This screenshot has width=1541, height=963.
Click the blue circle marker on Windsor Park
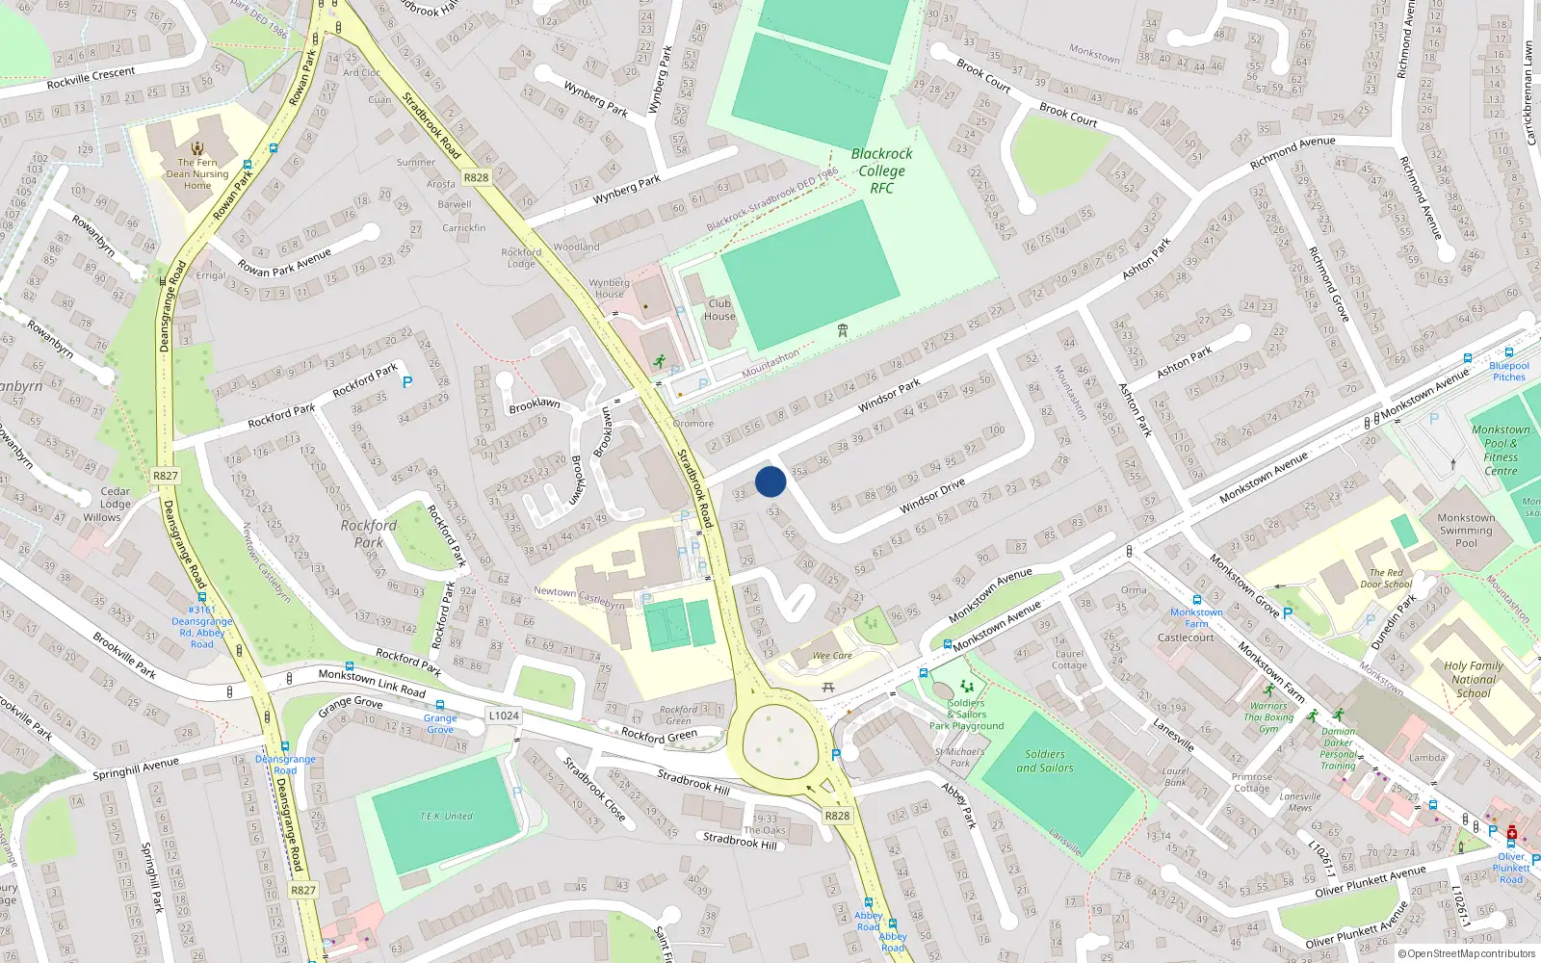pos(770,481)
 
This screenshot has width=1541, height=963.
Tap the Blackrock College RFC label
pos(881,170)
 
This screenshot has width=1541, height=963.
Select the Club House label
pos(719,309)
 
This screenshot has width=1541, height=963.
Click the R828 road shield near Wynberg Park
pos(476,177)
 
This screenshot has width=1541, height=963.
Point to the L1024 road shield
pos(504,716)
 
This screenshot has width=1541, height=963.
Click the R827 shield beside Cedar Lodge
pos(165,476)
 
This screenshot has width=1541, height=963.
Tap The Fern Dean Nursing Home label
pos(197,173)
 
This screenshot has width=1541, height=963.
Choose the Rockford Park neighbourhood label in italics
pos(368,534)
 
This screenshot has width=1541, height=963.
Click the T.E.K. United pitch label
pos(446,816)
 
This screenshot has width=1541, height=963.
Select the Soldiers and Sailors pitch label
pos(1045,761)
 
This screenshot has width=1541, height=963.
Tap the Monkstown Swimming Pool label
pos(1466,530)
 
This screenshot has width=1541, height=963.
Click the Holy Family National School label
pos(1474,679)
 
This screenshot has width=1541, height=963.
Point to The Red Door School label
pos(1387,578)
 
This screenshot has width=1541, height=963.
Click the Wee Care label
pos(832,656)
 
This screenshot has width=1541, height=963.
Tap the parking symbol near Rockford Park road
pos(407,382)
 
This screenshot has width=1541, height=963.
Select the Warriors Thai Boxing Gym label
pos(1268,716)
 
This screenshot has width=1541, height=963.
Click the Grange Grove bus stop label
pos(440,723)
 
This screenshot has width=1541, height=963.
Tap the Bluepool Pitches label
pos(1509,371)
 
